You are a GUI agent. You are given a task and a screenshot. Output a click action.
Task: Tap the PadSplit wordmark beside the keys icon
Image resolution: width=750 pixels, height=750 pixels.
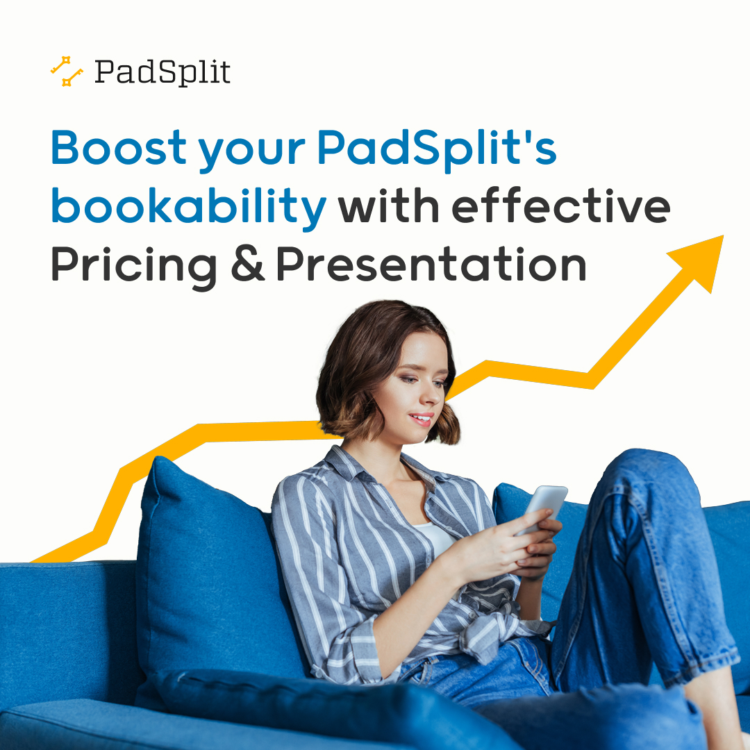tap(162, 72)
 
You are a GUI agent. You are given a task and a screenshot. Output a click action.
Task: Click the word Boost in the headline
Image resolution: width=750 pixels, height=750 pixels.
tap(119, 147)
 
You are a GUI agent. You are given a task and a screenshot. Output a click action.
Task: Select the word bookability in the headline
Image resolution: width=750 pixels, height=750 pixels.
tap(188, 207)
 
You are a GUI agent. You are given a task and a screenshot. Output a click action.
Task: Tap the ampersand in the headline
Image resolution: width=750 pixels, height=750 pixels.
tap(248, 266)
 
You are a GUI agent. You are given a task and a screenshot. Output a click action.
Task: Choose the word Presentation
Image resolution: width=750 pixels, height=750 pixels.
tap(431, 265)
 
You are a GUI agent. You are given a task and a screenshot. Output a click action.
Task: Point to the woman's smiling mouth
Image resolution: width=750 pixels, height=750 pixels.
tap(422, 418)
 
